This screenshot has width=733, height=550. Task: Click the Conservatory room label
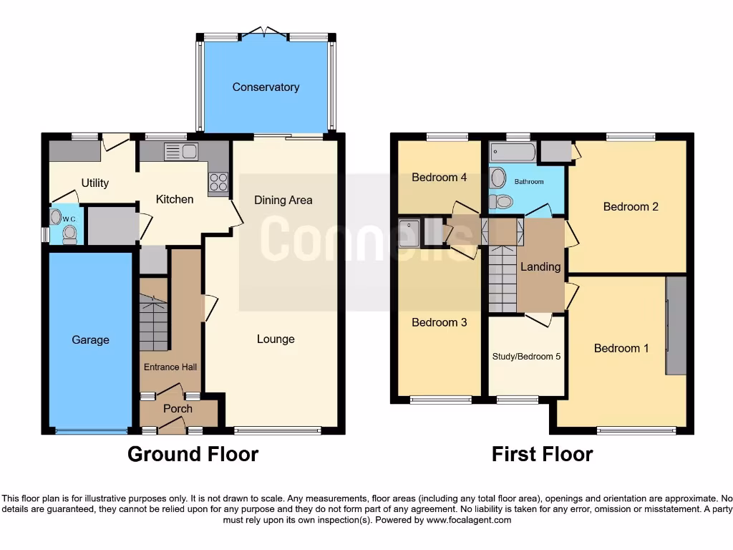(x=266, y=87)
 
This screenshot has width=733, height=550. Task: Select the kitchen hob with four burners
(x=218, y=183)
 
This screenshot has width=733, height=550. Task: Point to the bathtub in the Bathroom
(x=513, y=153)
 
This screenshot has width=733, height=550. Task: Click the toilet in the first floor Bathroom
(x=504, y=202)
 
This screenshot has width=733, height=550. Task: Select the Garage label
(x=90, y=340)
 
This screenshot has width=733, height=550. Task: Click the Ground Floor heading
(x=193, y=454)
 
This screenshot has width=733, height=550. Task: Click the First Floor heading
(x=542, y=454)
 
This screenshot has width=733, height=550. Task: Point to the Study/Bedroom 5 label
(x=526, y=356)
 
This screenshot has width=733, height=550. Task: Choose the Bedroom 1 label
(x=621, y=349)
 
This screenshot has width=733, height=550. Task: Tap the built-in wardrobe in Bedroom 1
(x=676, y=325)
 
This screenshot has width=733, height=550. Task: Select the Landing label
(x=540, y=267)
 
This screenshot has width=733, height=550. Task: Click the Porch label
(x=178, y=409)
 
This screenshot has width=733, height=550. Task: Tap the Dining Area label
(x=283, y=201)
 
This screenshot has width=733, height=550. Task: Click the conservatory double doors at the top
(x=265, y=33)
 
